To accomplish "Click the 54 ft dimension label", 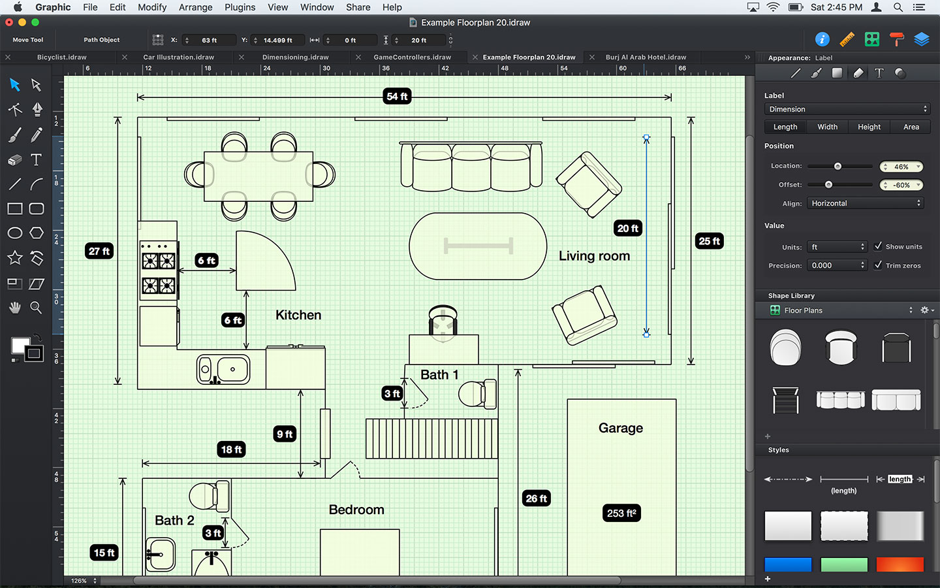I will [x=397, y=97].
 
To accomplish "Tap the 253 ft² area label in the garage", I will [x=621, y=513].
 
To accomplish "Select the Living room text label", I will [x=594, y=256].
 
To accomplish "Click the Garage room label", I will [x=620, y=428].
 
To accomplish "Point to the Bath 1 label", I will [x=439, y=375].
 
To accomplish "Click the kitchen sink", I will [x=223, y=370].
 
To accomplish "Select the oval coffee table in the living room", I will [x=478, y=246].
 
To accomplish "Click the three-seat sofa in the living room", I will [x=471, y=167].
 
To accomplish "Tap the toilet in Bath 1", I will [x=477, y=394].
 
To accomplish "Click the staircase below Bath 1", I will [x=431, y=438].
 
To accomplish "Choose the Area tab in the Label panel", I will [x=911, y=127].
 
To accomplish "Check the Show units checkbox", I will [x=878, y=246].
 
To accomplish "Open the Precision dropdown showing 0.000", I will [x=838, y=265].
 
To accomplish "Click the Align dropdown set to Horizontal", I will [x=865, y=203].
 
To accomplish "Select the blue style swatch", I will [x=788, y=564].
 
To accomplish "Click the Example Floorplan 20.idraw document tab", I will [x=529, y=57].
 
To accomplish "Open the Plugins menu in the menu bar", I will [x=240, y=7].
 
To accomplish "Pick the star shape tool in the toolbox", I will [x=15, y=258].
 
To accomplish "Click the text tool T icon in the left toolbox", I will [x=37, y=159].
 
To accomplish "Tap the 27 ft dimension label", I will [x=99, y=252].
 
